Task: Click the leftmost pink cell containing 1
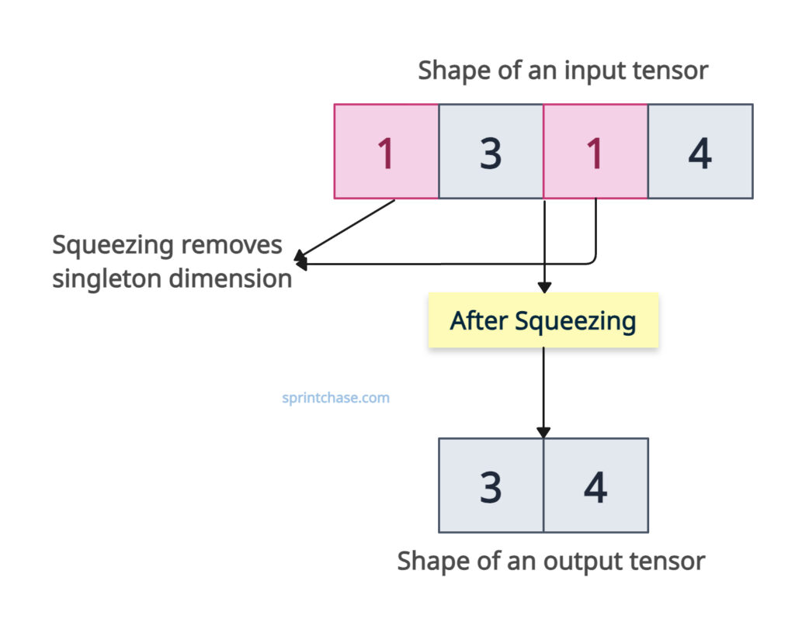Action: (386, 152)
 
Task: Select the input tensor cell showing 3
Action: (491, 152)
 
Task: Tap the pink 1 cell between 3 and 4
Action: (595, 152)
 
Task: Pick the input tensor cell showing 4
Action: (700, 152)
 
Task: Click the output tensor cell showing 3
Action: (491, 486)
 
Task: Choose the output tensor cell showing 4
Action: (595, 486)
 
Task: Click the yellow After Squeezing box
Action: (543, 320)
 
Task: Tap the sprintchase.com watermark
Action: (335, 398)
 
